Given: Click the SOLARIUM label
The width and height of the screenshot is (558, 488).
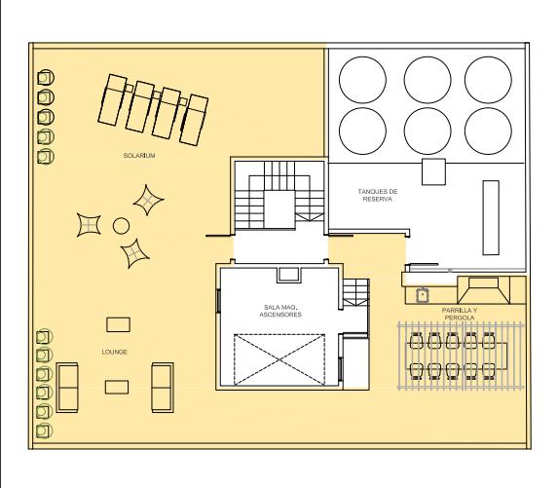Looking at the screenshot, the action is click(139, 156).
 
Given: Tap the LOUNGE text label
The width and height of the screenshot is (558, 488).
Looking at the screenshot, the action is click(114, 352).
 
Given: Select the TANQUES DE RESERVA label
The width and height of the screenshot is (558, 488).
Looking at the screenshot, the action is click(378, 195).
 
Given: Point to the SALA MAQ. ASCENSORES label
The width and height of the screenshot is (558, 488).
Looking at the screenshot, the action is click(280, 311).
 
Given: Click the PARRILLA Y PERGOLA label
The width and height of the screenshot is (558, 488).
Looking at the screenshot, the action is click(460, 314).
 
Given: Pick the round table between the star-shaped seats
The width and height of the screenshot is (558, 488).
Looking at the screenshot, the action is click(121, 226).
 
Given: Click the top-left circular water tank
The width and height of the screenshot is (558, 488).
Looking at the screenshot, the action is click(362, 80).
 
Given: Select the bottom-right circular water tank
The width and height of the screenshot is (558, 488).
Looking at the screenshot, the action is click(488, 131).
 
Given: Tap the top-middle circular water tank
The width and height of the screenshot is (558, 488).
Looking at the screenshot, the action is click(428, 80).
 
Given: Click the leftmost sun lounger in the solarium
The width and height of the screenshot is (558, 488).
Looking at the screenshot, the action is click(112, 100).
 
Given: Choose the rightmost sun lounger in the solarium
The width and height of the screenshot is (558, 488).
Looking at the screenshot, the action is click(194, 120).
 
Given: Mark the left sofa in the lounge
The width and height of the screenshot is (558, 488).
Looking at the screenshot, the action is click(67, 388).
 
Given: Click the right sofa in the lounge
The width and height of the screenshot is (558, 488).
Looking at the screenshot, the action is click(163, 388).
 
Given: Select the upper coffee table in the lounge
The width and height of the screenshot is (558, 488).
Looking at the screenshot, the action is click(118, 324).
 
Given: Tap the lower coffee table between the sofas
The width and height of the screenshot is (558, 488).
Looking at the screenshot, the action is click(117, 387).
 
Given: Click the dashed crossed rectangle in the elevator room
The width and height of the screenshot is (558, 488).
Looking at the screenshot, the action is click(279, 359).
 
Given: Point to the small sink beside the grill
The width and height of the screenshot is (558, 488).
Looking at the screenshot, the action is click(423, 295).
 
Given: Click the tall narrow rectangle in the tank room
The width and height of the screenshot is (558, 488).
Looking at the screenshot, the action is click(491, 218).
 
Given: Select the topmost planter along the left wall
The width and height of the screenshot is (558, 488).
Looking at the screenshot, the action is click(46, 78).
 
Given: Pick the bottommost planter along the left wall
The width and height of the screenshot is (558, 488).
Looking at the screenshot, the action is click(44, 432).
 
